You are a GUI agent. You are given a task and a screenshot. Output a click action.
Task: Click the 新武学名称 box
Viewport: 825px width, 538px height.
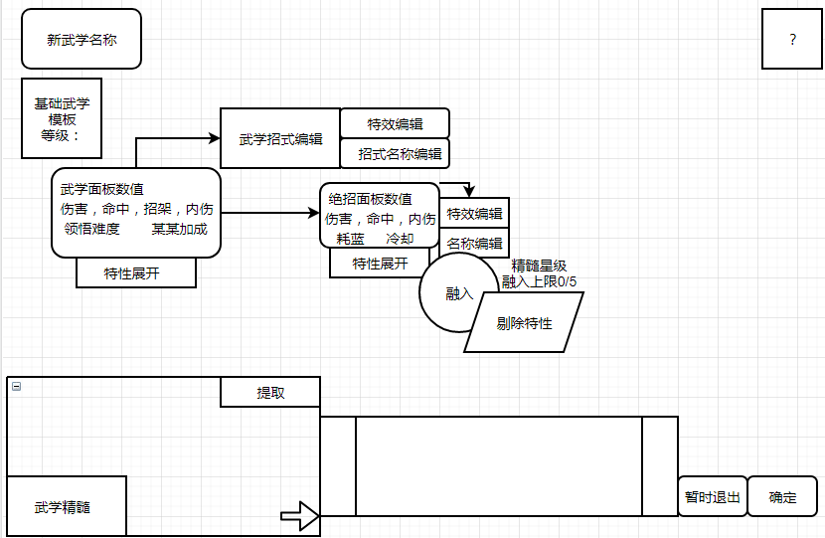82,40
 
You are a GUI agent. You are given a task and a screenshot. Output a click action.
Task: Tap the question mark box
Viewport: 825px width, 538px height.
792,40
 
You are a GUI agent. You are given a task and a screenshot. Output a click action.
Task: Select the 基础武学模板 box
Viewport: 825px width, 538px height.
62,119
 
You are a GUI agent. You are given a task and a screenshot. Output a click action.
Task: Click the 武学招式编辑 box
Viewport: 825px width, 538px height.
280,139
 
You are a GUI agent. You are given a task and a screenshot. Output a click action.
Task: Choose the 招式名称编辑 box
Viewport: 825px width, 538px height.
396,154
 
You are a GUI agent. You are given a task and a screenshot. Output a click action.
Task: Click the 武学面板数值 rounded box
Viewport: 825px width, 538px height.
136,213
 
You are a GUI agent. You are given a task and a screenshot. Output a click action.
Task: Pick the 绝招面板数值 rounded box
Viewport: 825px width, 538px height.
380,215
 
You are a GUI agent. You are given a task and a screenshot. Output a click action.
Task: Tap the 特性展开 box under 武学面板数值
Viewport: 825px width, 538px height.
136,273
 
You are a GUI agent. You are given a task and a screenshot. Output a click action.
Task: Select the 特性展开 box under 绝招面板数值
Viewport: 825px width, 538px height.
380,264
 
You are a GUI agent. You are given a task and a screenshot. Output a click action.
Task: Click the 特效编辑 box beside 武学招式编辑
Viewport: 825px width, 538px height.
395,124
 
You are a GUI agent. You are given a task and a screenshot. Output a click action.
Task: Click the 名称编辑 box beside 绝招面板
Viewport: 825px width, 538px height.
474,244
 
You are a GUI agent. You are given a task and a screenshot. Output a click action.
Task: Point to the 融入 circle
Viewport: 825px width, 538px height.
458,293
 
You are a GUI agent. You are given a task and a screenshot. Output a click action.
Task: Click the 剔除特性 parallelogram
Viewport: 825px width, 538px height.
524,323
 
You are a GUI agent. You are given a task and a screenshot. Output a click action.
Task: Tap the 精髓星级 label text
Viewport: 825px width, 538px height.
540,266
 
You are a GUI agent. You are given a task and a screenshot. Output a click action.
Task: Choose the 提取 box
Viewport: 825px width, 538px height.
270,393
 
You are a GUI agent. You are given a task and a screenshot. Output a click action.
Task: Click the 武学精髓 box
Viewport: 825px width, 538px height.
67,507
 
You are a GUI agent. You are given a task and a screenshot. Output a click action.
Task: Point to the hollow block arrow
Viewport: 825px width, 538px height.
299,516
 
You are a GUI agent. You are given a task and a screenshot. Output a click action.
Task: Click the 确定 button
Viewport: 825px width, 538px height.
783,497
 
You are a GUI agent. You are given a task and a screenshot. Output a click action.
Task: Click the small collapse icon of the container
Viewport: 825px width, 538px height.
16,386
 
